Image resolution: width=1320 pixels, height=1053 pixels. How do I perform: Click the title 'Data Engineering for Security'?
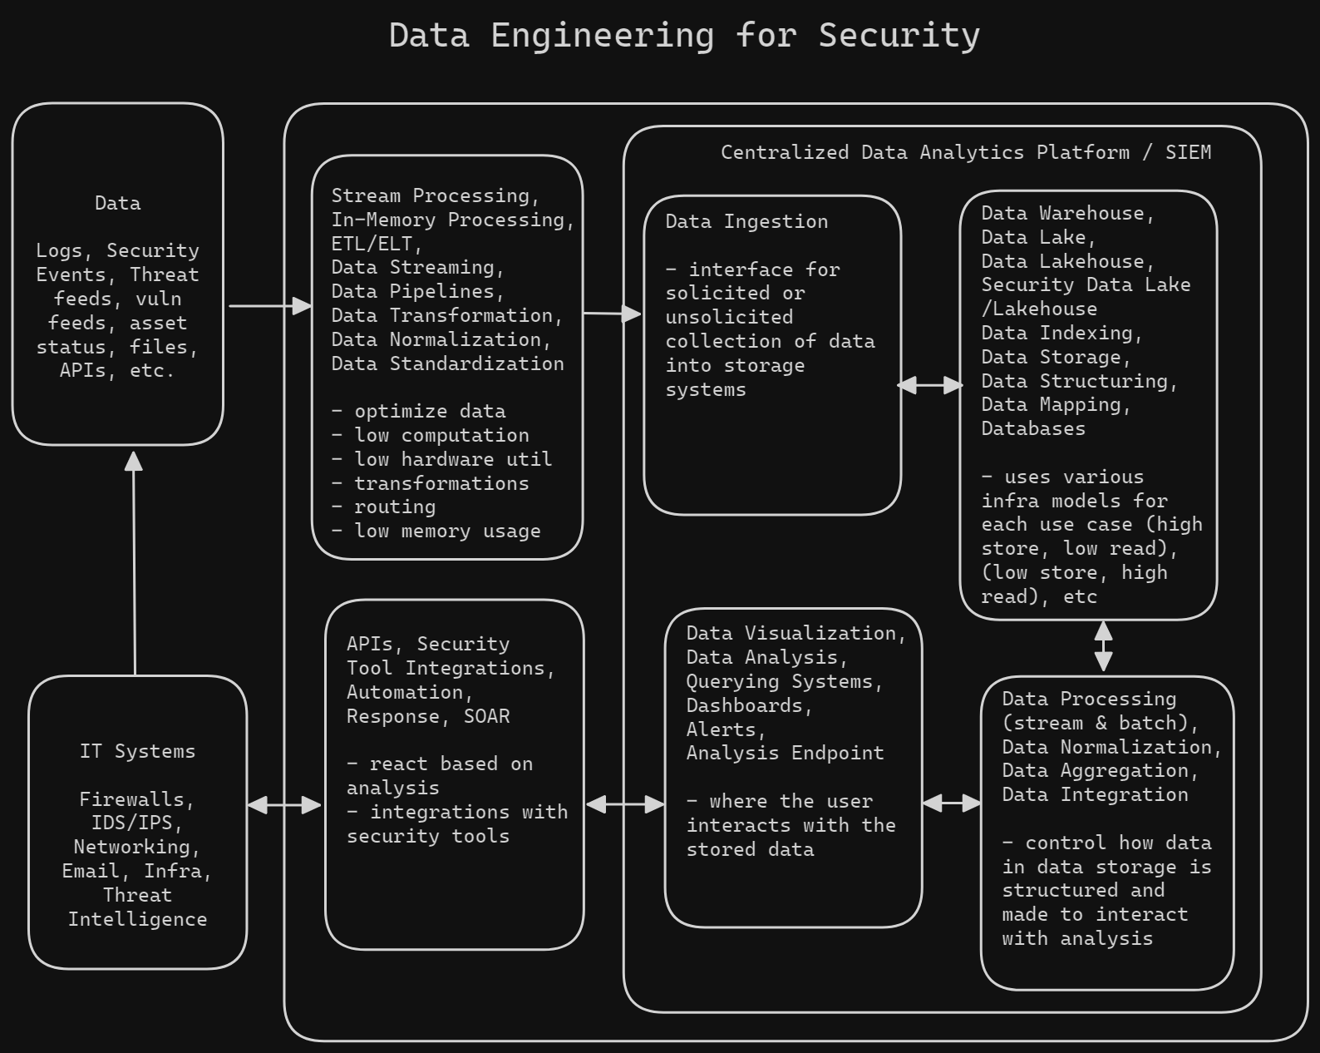point(684,36)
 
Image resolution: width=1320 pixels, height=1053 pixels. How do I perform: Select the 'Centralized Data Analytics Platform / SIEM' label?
point(965,152)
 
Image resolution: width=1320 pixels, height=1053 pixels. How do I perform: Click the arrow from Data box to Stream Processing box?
point(268,306)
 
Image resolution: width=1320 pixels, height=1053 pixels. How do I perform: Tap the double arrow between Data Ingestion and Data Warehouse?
point(930,385)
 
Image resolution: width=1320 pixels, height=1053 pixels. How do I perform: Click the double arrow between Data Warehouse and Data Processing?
point(1103,647)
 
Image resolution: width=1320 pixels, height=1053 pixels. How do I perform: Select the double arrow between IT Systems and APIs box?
point(284,804)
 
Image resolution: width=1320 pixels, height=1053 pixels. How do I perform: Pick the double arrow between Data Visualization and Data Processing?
point(952,803)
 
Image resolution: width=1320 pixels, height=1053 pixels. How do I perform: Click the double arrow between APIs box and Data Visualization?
point(625,803)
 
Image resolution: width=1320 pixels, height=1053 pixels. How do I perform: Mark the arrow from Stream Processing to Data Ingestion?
point(613,314)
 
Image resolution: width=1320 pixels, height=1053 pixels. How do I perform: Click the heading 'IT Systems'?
point(137,751)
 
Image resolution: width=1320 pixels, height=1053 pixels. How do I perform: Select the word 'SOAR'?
point(486,716)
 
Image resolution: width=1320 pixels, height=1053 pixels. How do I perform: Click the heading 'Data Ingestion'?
point(746,221)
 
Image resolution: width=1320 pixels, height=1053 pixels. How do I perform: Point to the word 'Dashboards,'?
point(749,705)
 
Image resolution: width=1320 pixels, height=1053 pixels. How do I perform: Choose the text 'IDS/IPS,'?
point(137,823)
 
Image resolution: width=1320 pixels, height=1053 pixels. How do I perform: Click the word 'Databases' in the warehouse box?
point(1033,428)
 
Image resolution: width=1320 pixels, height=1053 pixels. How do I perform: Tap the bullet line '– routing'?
point(383,507)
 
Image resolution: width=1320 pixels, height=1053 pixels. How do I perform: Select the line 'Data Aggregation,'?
point(1100,770)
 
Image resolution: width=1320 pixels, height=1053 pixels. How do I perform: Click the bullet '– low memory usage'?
point(436,531)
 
